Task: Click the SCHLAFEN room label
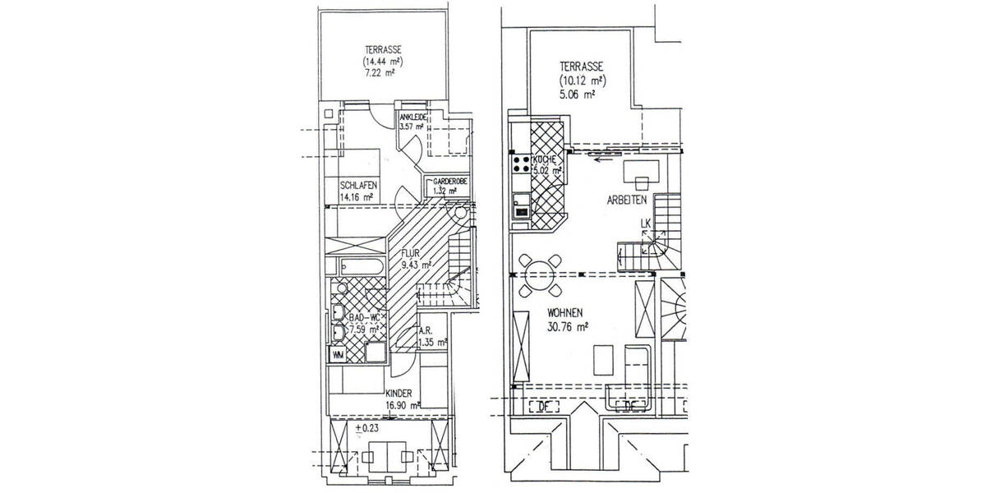tap(357, 185)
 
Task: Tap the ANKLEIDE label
tap(412, 117)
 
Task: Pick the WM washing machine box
tap(338, 354)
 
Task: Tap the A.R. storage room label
tap(430, 332)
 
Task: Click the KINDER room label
tap(398, 394)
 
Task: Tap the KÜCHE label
tap(546, 159)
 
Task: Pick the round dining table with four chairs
tap(538, 274)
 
